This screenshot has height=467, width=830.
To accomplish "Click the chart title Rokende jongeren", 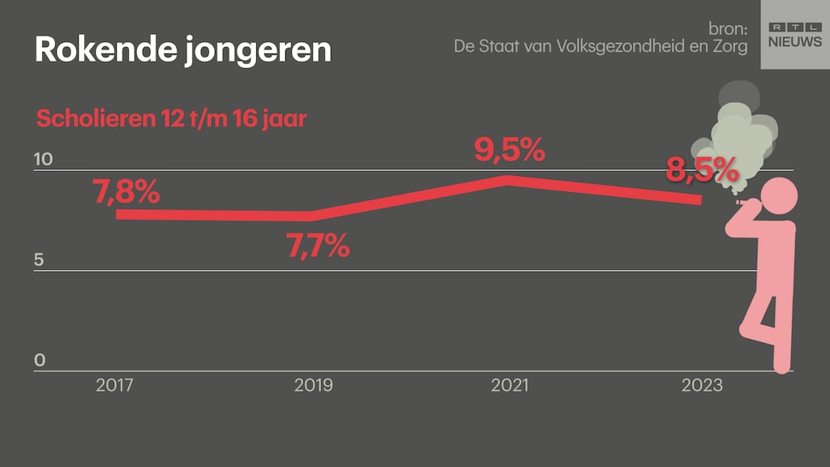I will (183, 50).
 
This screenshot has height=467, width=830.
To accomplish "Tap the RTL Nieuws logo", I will (794, 35).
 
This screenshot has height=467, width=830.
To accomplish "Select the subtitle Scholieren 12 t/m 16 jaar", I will (171, 119).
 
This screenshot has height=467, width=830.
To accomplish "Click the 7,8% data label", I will (126, 194).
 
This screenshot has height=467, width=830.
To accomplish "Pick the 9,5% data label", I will (509, 150).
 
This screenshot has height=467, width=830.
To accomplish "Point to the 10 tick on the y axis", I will (43, 160).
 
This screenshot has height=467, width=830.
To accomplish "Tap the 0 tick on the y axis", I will (40, 361).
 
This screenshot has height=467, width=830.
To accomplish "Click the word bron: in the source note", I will (727, 29).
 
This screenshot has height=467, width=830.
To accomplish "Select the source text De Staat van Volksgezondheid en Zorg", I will (600, 47).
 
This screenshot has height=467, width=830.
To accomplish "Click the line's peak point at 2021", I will (507, 179).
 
